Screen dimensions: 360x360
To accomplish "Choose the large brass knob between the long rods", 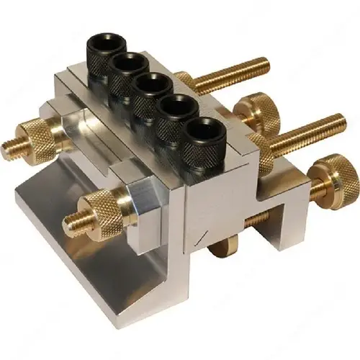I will [253, 114].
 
